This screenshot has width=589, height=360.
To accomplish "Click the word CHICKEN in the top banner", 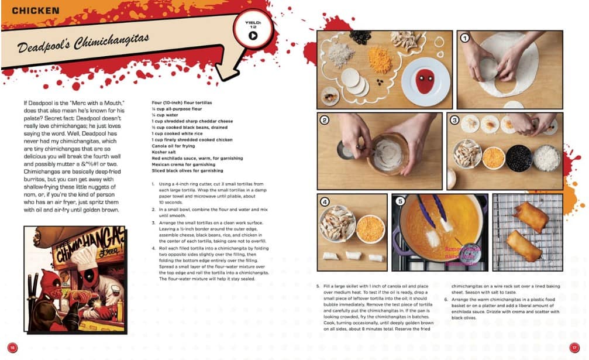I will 36,11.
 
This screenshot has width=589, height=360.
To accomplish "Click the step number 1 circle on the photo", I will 465,39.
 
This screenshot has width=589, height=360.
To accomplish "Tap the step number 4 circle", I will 326,202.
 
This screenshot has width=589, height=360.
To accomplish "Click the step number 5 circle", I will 400,202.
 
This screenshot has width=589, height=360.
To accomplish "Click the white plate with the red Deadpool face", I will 425,81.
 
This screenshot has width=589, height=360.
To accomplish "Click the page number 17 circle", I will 576,347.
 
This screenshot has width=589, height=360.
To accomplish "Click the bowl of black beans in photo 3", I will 519,157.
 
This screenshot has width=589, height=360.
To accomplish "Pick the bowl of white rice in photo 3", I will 547,157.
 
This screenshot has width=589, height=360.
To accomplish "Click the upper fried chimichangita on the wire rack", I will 531,217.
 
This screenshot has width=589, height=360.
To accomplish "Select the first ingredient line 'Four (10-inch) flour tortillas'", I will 182,102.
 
